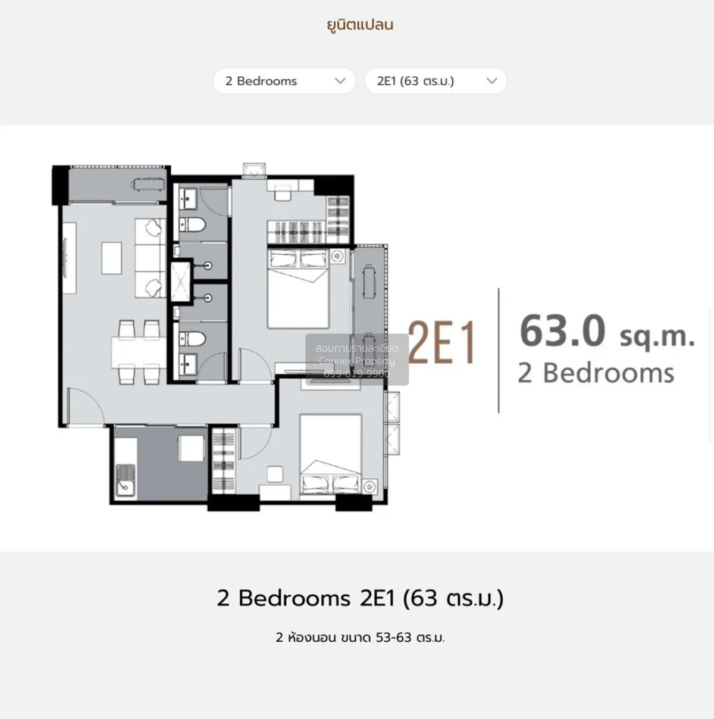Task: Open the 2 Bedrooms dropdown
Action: click(284, 81)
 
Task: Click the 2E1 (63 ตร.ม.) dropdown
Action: click(436, 81)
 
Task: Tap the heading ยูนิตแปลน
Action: click(360, 25)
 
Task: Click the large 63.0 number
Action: click(562, 331)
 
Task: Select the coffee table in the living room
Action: click(111, 257)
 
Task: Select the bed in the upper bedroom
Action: click(298, 288)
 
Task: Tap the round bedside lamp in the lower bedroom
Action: click(371, 484)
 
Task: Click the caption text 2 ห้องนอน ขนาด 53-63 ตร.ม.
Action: click(360, 637)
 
